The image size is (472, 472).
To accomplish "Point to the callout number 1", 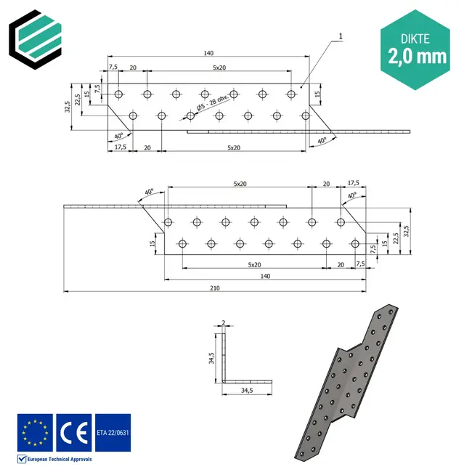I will tap(340, 36).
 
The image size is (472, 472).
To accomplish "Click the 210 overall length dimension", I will tap(214, 288).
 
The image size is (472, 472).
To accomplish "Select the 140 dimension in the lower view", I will tap(265, 277).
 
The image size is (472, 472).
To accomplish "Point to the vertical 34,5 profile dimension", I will tap(211, 358).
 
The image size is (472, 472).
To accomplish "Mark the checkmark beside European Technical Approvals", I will tap(22, 459).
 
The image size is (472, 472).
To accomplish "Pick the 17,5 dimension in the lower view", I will tap(354, 183).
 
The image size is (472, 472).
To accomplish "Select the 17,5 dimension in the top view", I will tap(121, 147).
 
